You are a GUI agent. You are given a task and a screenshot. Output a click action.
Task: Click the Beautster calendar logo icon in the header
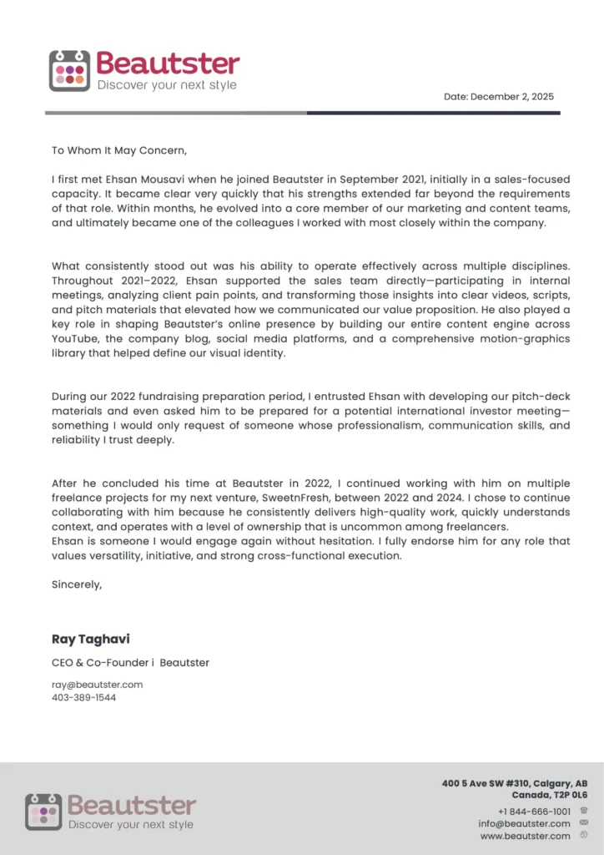(x=69, y=71)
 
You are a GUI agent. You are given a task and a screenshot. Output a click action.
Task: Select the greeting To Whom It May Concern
(x=119, y=151)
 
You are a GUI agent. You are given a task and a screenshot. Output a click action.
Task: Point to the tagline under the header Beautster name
(x=167, y=85)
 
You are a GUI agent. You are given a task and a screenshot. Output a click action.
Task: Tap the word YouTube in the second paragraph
(x=77, y=338)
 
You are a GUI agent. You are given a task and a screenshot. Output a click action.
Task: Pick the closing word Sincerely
(x=77, y=584)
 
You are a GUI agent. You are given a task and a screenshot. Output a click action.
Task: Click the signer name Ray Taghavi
(x=90, y=640)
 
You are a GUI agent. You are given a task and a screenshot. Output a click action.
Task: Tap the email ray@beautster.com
(x=97, y=685)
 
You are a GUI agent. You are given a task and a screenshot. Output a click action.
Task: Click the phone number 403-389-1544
(x=83, y=697)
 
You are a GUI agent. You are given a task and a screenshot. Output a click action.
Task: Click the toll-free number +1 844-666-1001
(x=534, y=811)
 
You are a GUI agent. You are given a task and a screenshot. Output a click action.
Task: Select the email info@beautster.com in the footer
(x=524, y=823)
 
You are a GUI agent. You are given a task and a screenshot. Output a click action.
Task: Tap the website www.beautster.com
(x=525, y=836)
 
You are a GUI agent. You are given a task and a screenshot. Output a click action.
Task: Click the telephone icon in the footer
(x=583, y=810)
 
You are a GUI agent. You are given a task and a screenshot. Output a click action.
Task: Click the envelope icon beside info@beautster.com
(x=583, y=822)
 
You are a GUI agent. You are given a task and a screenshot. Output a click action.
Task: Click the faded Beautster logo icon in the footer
(x=43, y=812)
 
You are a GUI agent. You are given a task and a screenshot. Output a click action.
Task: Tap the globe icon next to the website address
(x=583, y=835)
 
